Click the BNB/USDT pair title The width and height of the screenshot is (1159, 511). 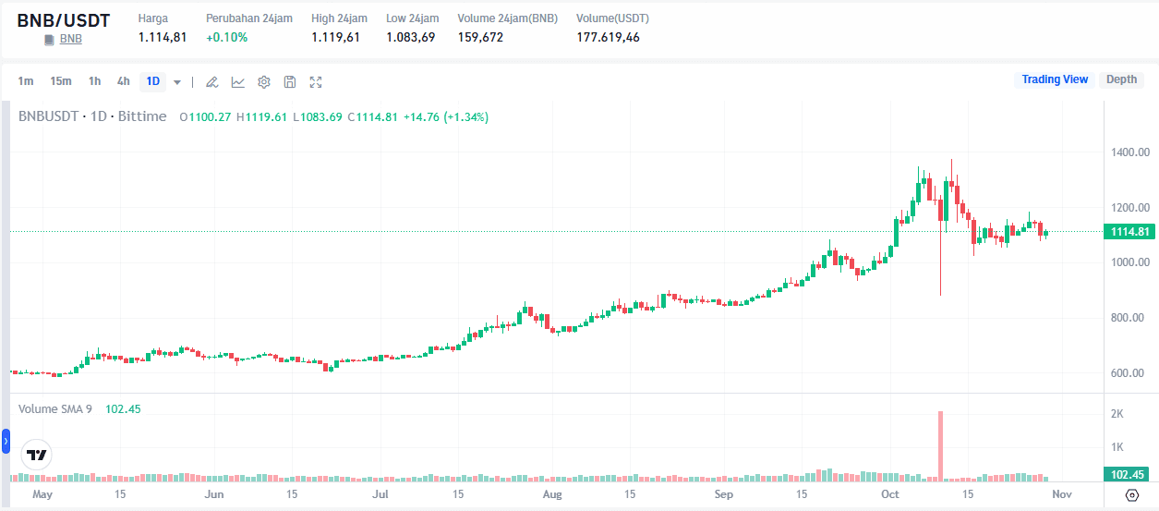coord(63,20)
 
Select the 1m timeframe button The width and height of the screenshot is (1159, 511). coord(26,81)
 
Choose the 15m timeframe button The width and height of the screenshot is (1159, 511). coord(61,81)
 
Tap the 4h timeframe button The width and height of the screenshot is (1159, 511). coord(123,81)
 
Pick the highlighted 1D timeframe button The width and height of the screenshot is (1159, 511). coord(153,81)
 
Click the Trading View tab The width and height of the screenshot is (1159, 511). coord(1055,79)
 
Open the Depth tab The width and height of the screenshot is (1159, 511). coord(1121,79)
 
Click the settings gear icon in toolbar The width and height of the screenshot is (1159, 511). coord(264,82)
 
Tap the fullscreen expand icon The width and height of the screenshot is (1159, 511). coord(316,82)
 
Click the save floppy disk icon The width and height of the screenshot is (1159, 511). coord(290,82)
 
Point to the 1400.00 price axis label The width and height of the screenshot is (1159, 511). coord(1129,152)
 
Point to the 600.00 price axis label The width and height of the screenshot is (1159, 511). coord(1129,373)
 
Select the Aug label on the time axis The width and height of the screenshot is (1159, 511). coord(551,494)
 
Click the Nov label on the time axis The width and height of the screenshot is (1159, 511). coord(1062,494)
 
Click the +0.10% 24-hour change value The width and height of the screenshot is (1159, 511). coord(226,38)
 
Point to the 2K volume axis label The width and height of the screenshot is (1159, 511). coord(1117,414)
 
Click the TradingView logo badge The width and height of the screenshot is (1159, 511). coord(37,456)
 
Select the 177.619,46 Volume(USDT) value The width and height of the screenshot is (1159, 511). coord(608,38)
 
